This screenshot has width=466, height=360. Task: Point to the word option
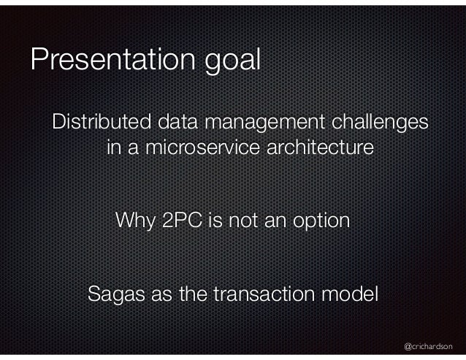click(321, 221)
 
